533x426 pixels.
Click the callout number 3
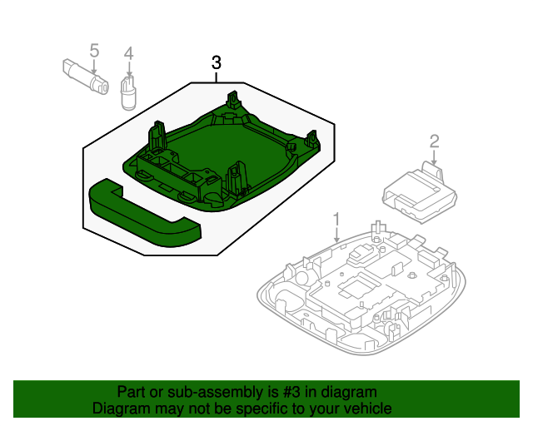pos(217,63)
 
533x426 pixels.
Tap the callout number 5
pos(94,51)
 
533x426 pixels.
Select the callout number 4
pos(128,54)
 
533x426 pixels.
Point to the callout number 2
pos(434,141)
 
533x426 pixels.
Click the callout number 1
pos(336,220)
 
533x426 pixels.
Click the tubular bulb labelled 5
pos(85,77)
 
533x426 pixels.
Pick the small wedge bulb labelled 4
pos(128,92)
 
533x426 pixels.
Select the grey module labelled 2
pos(420,192)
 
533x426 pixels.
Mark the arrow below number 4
pos(128,68)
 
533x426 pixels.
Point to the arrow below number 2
pos(434,157)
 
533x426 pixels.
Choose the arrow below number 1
pos(336,235)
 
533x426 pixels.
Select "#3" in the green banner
pos(291,392)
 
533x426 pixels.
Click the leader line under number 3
pos(217,77)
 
